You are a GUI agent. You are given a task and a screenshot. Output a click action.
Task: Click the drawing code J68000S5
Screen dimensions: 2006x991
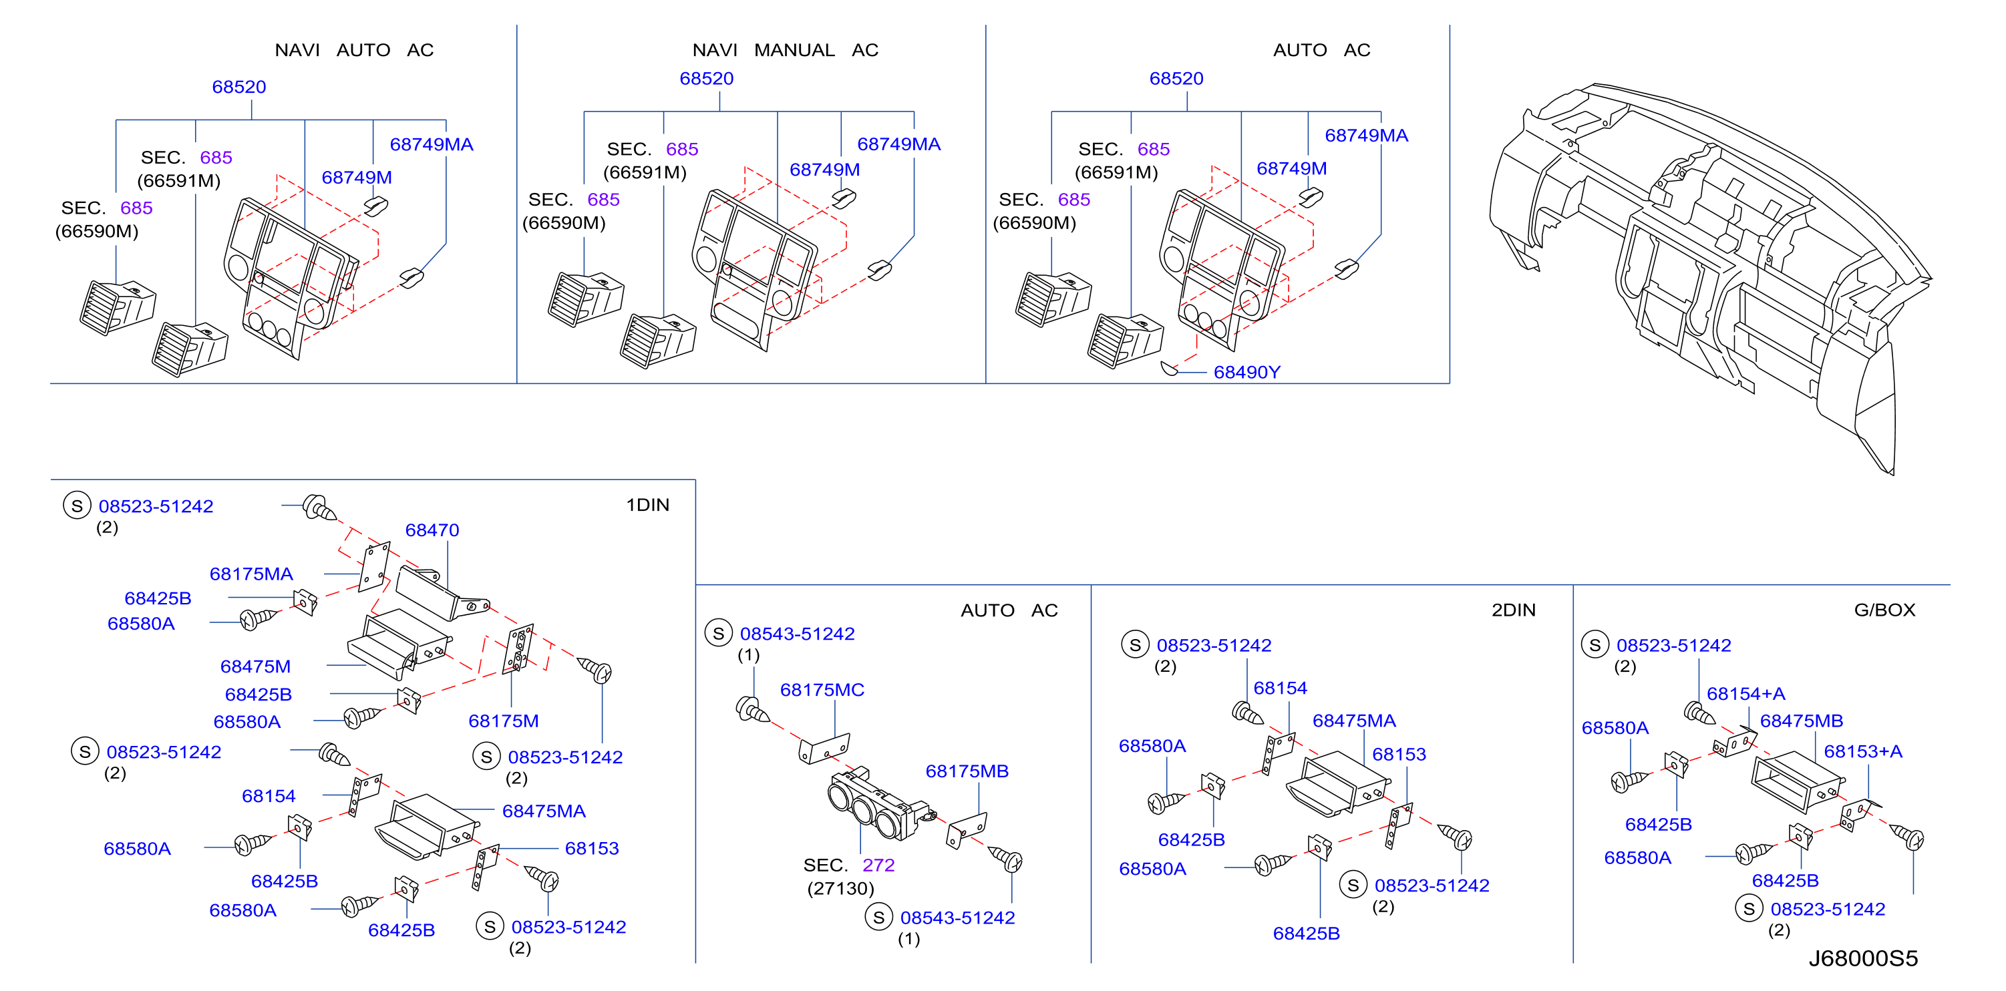(x=1862, y=958)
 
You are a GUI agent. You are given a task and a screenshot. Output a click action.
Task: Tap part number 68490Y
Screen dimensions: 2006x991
(x=1246, y=372)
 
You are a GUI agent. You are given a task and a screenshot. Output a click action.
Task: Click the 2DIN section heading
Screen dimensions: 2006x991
(x=1514, y=610)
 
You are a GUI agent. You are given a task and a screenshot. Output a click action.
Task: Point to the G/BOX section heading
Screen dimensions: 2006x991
(x=1884, y=610)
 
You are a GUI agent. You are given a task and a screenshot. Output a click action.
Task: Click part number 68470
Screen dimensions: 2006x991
(x=432, y=530)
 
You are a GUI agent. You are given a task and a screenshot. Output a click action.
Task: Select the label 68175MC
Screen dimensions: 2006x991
(x=822, y=690)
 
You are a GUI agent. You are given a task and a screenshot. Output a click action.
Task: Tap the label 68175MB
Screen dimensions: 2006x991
(x=967, y=771)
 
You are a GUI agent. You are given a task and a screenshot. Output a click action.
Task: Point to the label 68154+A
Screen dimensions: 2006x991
(x=1746, y=694)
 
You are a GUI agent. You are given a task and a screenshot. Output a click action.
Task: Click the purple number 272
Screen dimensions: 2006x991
(x=878, y=865)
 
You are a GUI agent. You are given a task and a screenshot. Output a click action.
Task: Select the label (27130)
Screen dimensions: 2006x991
(x=841, y=888)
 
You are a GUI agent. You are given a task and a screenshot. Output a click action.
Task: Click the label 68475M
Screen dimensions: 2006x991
(x=255, y=666)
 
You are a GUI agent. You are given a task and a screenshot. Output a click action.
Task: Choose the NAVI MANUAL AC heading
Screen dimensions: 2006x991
(x=785, y=50)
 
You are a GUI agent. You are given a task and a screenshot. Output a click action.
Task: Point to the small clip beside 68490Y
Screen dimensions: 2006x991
(x=1170, y=367)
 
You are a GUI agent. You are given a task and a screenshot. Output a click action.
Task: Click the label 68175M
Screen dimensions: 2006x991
(x=503, y=721)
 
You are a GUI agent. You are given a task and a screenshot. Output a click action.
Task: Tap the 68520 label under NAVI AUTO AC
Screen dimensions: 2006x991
(x=239, y=86)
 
